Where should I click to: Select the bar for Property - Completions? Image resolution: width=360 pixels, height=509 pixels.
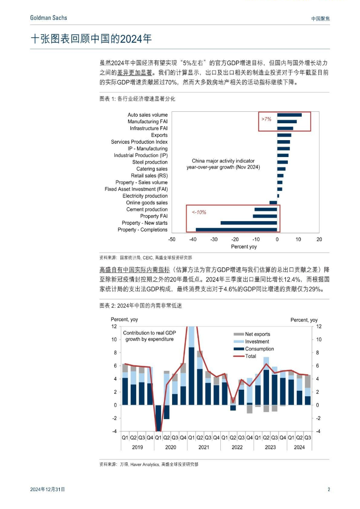(x=236, y=230)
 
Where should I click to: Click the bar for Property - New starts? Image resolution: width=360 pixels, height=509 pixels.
(x=249, y=223)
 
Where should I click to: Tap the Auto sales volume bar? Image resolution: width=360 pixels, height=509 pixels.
(x=289, y=115)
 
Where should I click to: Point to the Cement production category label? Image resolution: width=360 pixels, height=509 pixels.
(x=147, y=209)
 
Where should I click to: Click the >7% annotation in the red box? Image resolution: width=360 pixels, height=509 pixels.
(x=267, y=119)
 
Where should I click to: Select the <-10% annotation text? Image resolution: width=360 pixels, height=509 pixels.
(x=199, y=212)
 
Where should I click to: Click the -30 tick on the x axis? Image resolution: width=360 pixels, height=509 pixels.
(x=214, y=239)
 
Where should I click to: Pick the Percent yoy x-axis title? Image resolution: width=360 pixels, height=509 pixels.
(x=244, y=247)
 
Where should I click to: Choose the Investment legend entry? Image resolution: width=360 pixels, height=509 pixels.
(x=257, y=341)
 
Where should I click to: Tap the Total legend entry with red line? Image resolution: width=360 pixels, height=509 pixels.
(x=251, y=356)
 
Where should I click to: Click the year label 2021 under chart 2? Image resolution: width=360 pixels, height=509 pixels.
(x=203, y=447)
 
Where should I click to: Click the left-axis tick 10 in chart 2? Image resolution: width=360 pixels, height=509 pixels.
(x=113, y=339)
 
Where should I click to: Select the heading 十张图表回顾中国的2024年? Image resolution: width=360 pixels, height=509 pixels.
(x=91, y=39)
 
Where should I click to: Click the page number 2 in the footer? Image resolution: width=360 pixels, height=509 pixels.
(x=329, y=490)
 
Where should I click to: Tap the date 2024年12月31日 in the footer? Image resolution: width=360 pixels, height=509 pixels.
(x=48, y=490)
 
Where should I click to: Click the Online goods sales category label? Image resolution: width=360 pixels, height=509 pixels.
(x=147, y=203)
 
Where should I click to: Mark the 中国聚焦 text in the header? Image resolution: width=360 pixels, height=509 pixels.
(x=320, y=18)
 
